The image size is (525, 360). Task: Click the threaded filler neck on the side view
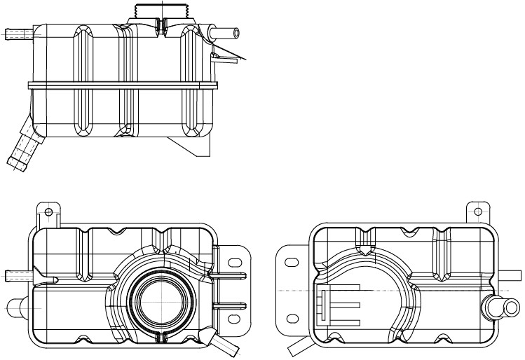click(x=162, y=12)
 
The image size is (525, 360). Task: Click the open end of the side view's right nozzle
click(x=236, y=32)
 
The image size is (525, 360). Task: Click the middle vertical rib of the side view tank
click(x=128, y=84)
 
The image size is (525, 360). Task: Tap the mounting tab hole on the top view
click(x=48, y=210)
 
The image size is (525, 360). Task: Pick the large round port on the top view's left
click(x=16, y=305)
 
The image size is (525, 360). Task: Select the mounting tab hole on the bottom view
click(x=479, y=210)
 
